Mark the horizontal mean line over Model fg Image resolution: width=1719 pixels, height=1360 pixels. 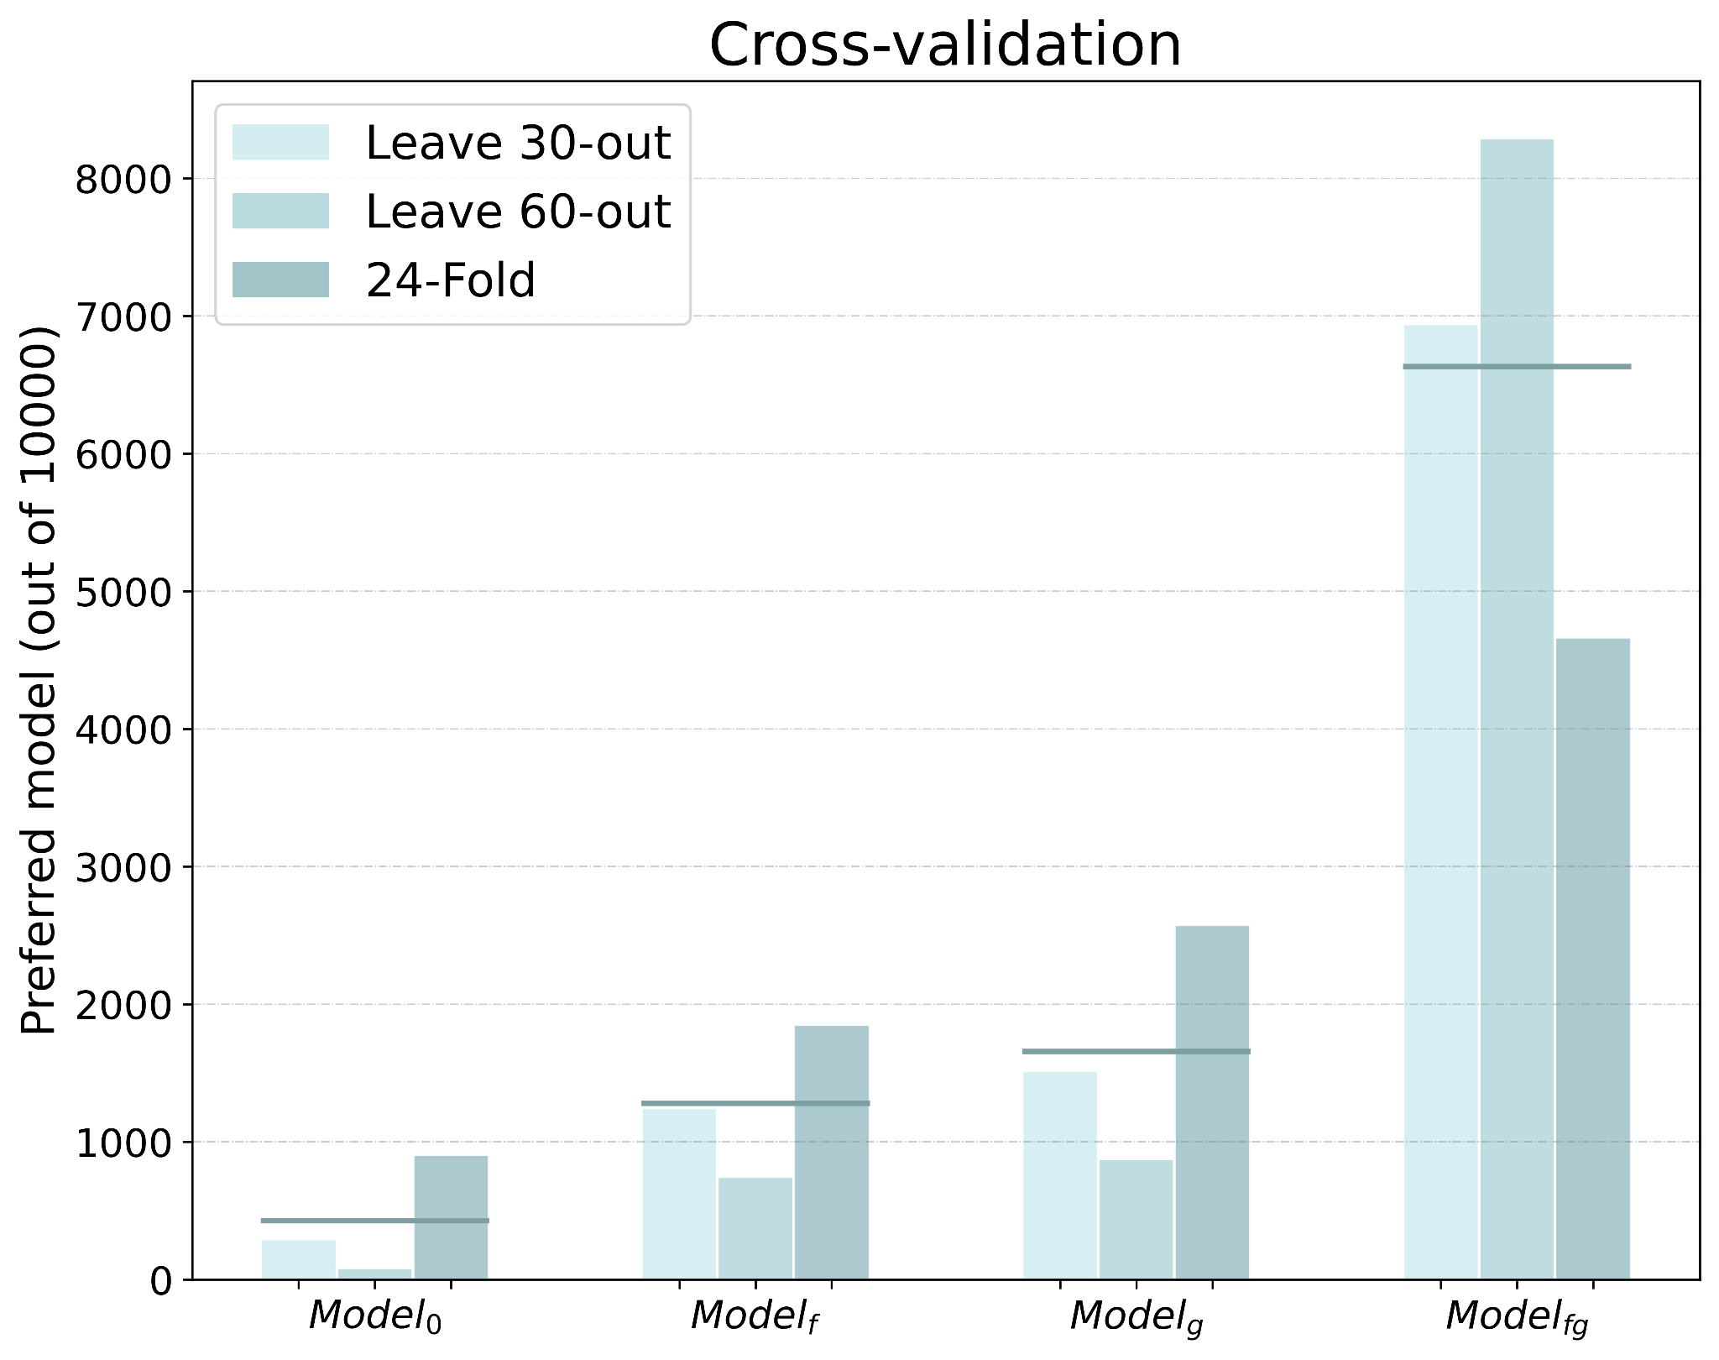1517,367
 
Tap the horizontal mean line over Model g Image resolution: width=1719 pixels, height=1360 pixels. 1136,1051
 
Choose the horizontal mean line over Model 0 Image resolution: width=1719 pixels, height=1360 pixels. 374,1221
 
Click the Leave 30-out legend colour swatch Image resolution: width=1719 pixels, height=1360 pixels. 280,143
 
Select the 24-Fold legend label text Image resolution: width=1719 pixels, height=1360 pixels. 451,280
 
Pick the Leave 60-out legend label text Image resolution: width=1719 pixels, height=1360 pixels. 518,212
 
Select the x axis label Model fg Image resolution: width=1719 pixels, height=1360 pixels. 1517,1316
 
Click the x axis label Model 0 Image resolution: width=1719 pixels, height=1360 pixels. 375,1316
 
